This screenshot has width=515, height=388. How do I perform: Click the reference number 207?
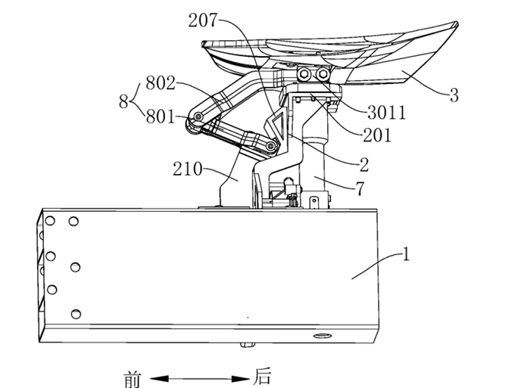tap(203, 20)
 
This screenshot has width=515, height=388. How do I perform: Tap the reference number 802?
tap(161, 83)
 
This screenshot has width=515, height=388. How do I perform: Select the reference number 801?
tap(161, 116)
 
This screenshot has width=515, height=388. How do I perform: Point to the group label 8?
tap(123, 101)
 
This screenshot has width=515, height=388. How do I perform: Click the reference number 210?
tap(188, 169)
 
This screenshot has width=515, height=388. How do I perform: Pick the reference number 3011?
tap(387, 113)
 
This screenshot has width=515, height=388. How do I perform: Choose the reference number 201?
tap(377, 135)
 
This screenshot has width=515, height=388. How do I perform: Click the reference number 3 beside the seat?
tap(454, 95)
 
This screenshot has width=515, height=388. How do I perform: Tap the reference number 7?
tap(360, 189)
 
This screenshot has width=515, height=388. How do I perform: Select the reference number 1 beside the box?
tap(406, 254)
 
